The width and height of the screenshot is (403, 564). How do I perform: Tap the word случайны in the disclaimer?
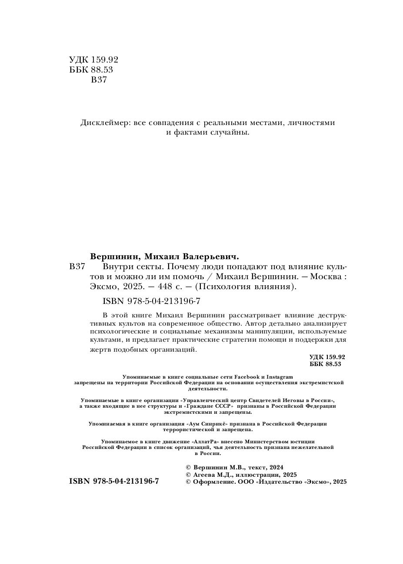click(231, 133)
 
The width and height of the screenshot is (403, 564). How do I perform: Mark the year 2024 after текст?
click(276, 467)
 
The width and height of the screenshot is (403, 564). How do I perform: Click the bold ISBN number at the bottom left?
click(114, 481)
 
